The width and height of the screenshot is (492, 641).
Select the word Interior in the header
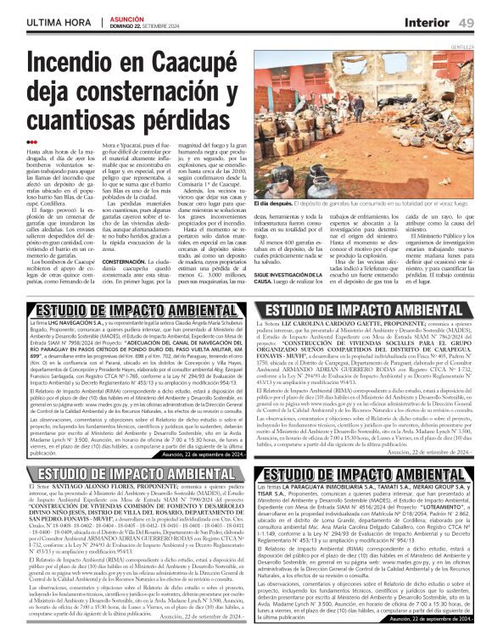[x=433, y=20]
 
